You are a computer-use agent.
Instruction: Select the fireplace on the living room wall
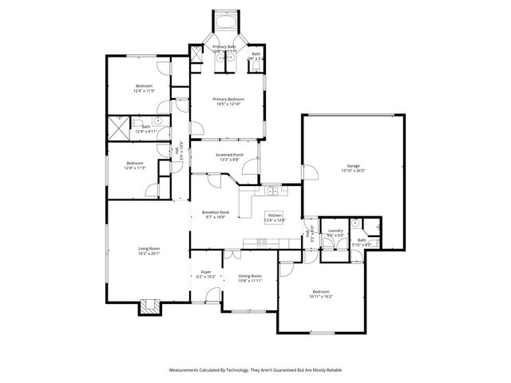coord(149,306)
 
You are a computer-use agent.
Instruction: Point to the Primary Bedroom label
coord(228,101)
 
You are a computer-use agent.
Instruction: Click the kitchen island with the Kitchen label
coord(275,217)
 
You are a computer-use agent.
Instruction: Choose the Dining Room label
coord(250,278)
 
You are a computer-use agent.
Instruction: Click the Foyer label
coord(205,274)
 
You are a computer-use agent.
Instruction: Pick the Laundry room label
coord(335,233)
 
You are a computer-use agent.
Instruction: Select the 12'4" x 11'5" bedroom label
coord(144,88)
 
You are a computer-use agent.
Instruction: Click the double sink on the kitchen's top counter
coord(273,191)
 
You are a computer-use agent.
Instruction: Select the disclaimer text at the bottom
coord(255,370)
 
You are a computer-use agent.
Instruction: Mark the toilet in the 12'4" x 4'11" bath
coord(158,121)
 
